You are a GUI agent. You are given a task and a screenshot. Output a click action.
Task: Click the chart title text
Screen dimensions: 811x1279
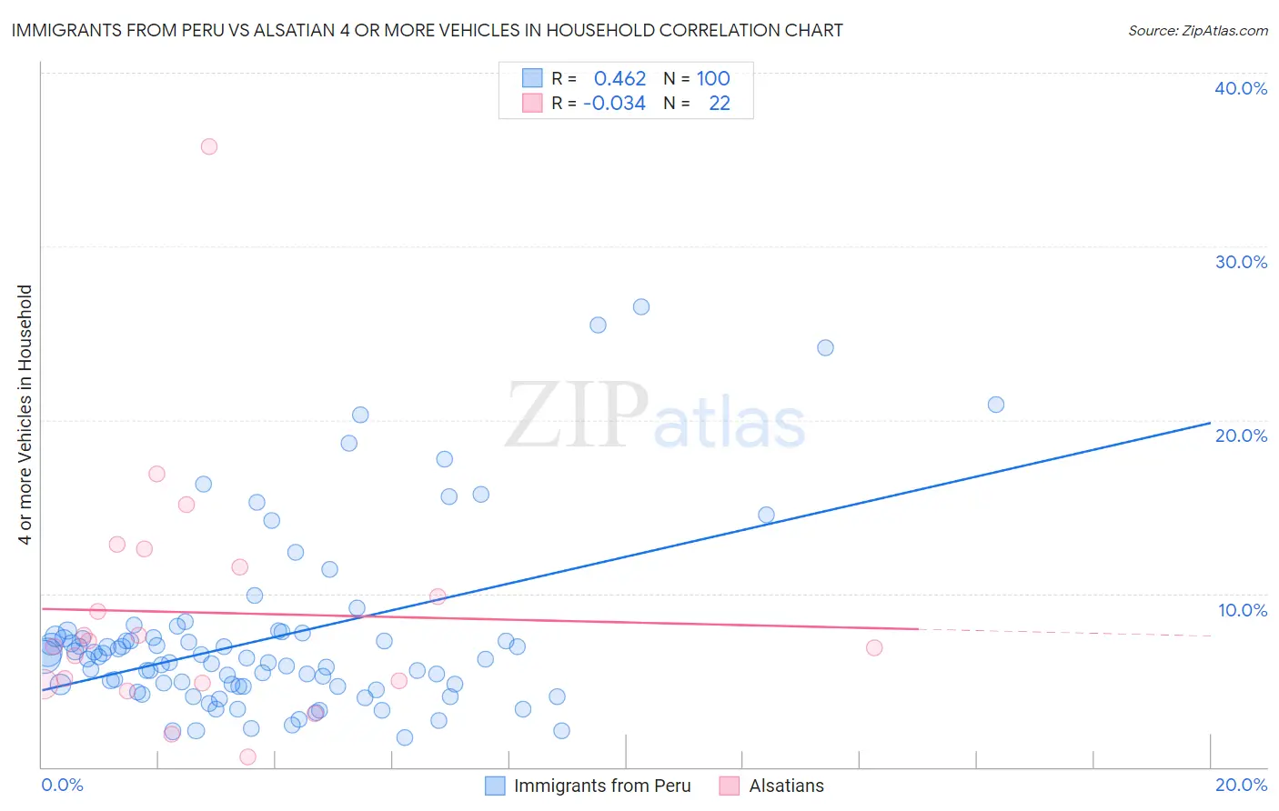coord(427,30)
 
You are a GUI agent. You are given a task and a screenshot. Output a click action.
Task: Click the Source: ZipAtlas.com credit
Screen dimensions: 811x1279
coord(1197,30)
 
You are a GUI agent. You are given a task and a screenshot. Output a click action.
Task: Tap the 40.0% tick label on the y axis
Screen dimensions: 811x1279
coord(1240,88)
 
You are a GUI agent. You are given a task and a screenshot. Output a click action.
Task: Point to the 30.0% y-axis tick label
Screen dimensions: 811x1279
coord(1240,262)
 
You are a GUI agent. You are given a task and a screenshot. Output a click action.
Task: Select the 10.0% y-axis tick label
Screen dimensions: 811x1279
coord(1242,610)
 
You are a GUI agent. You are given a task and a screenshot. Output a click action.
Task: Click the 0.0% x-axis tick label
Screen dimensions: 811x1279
coord(62,785)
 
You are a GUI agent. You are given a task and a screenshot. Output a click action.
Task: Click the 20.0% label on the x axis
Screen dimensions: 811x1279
coord(1241,785)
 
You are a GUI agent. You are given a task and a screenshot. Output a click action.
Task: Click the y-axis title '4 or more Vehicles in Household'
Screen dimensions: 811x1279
coord(25,415)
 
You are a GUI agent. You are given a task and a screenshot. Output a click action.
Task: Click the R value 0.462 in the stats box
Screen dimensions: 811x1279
coord(619,78)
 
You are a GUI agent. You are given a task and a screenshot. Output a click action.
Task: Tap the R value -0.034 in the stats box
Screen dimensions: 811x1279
coord(614,104)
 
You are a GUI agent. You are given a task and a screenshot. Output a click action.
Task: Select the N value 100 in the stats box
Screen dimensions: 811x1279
coord(713,78)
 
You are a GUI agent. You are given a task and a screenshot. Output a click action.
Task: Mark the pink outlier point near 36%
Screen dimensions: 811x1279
coord(209,146)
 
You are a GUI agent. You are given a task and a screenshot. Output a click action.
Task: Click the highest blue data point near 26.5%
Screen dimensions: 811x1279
coord(641,306)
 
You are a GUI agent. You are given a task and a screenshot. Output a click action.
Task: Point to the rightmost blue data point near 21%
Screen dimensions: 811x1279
coord(996,405)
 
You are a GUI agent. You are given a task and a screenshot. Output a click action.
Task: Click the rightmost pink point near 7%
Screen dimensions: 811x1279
coord(874,647)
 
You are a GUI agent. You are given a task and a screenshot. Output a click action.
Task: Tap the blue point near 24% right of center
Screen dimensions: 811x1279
coord(825,347)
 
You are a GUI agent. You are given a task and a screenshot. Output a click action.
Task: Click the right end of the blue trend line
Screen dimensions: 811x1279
coord(1210,423)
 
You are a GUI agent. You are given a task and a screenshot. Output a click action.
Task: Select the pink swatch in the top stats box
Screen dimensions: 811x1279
coord(531,104)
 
